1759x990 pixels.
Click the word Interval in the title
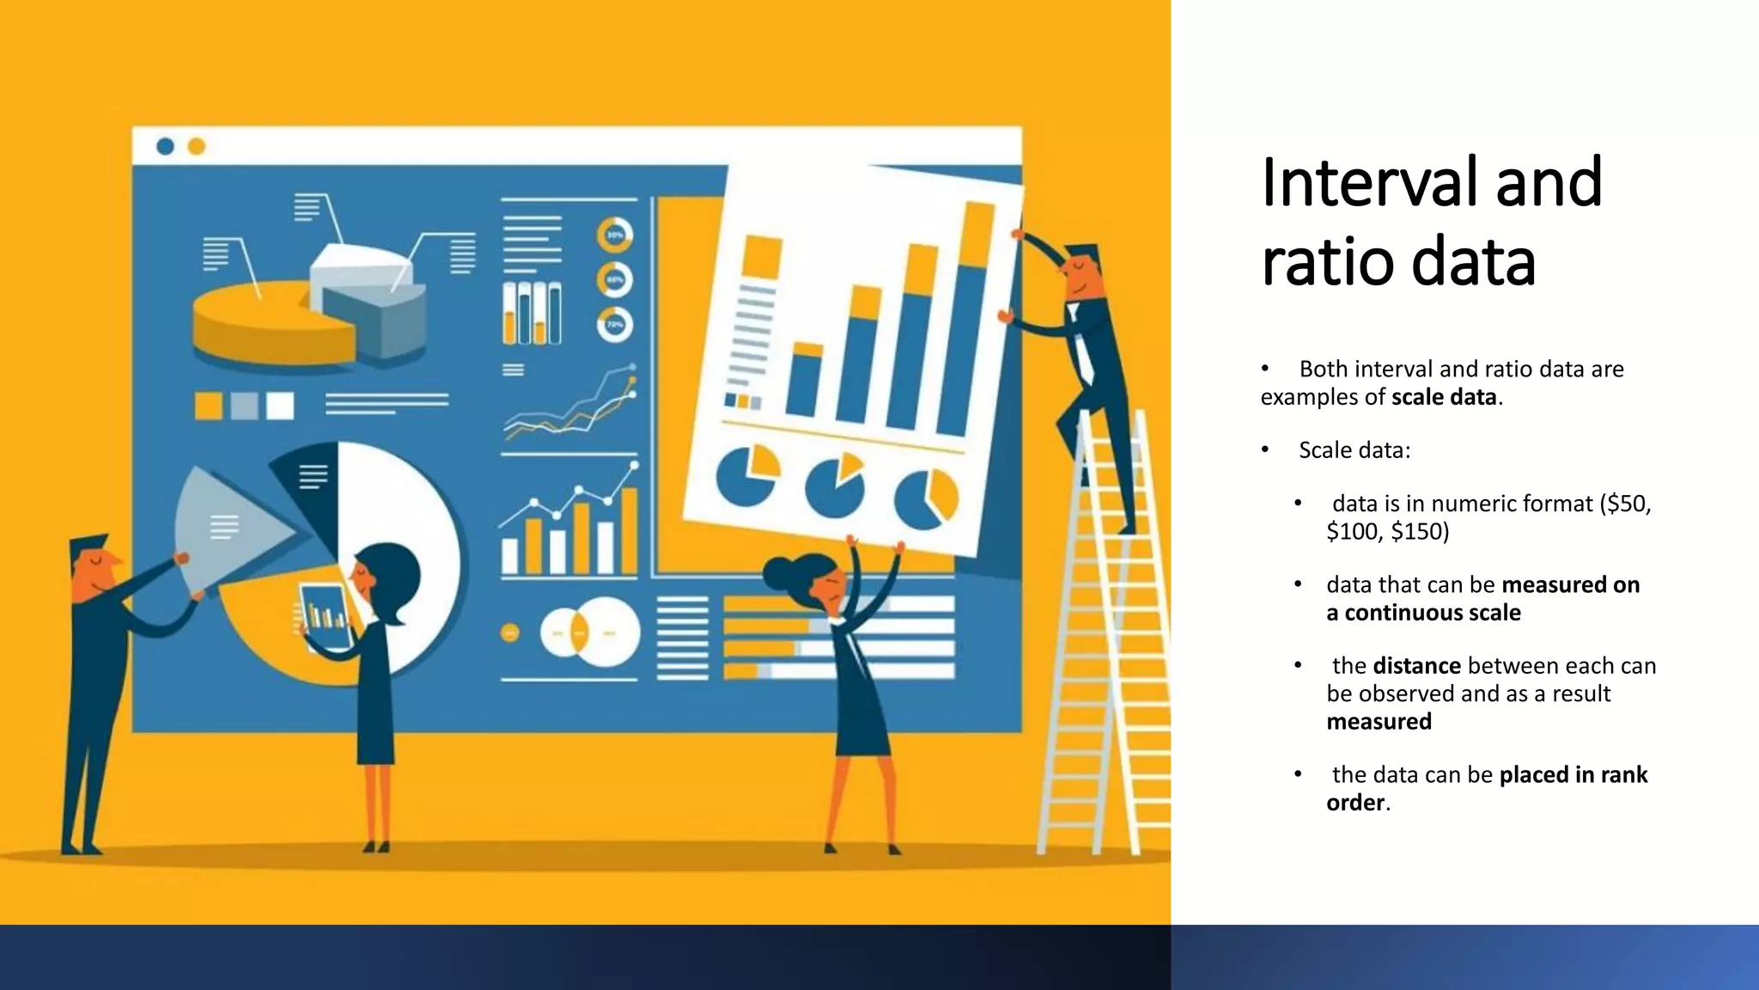pos(1371,183)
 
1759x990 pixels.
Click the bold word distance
pos(1416,666)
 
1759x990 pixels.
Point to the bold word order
pos(1355,803)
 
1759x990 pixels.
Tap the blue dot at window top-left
pos(166,146)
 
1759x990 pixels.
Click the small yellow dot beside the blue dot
pos(197,146)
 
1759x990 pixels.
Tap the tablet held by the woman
pos(325,615)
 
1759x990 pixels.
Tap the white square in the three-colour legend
pos(280,406)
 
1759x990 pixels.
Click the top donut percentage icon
pos(615,235)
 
